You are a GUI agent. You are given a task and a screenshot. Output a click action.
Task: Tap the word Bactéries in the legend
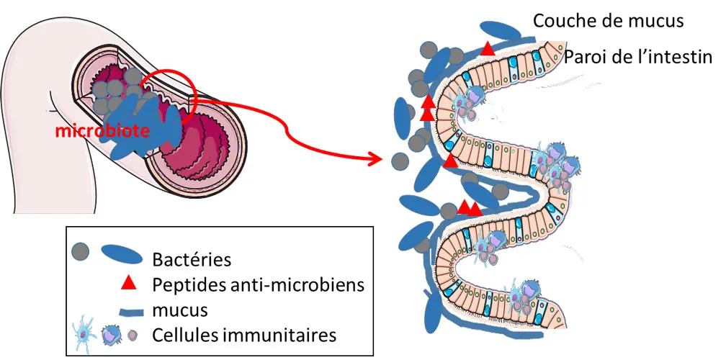(x=192, y=258)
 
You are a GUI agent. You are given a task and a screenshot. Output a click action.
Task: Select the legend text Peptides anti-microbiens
(x=259, y=284)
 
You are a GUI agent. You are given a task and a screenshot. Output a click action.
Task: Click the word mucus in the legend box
(x=181, y=310)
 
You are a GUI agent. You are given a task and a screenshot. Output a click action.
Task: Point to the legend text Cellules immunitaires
(x=245, y=335)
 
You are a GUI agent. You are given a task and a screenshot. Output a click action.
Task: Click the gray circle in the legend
(x=81, y=251)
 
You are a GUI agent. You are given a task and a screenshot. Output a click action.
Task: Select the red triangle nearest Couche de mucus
(x=488, y=49)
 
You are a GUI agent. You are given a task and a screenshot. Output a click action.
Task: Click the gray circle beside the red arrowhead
(x=397, y=160)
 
